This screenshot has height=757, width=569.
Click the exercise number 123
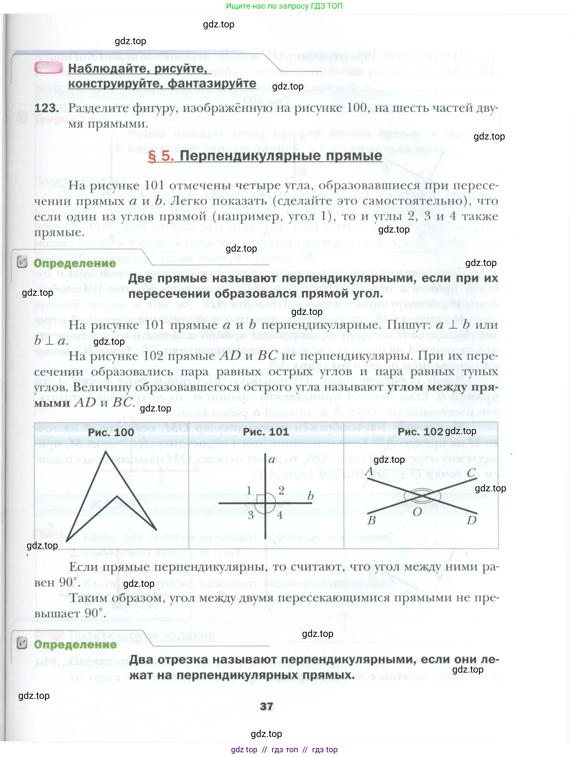(46, 108)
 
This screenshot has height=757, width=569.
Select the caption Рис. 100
(111, 432)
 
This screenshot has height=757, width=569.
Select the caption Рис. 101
(266, 432)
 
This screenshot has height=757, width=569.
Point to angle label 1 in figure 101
(249, 490)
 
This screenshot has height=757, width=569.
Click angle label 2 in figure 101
(281, 490)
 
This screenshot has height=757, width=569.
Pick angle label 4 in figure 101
(280, 515)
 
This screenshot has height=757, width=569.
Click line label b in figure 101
(310, 496)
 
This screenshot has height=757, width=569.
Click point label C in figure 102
(471, 473)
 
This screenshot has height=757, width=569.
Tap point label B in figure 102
(372, 521)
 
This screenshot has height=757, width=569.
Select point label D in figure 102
(472, 521)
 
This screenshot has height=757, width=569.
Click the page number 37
(266, 707)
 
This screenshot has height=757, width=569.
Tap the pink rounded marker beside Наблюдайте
(48, 69)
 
